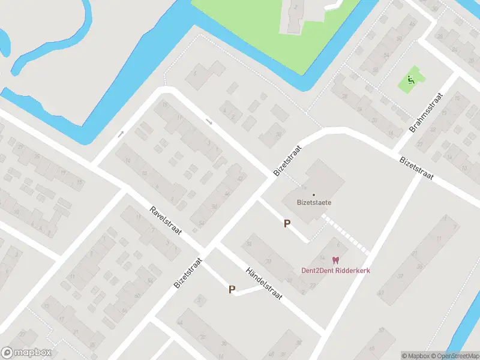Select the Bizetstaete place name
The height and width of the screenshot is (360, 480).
click(x=314, y=202)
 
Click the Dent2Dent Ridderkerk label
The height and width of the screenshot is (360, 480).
click(x=335, y=270)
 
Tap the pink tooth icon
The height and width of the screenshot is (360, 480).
click(x=335, y=260)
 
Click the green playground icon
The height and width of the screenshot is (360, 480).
click(x=410, y=80)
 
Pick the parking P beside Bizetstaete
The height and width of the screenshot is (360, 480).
click(x=287, y=224)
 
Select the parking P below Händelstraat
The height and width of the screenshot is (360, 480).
click(x=232, y=289)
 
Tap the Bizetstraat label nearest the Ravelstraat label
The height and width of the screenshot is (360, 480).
click(x=188, y=274)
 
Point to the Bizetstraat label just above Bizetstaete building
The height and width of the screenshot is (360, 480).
click(x=286, y=159)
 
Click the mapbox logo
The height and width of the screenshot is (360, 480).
click(x=26, y=353)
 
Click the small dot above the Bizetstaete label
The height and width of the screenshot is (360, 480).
click(x=313, y=194)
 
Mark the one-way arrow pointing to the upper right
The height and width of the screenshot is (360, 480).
click(x=121, y=134)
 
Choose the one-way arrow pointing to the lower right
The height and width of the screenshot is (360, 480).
click(x=209, y=122)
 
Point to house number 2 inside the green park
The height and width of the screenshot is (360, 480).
click(x=296, y=7)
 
